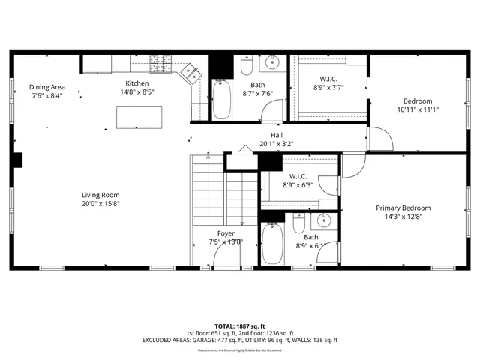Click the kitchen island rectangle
[x=139, y=116]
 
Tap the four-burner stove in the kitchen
[x=159, y=62]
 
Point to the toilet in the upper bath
[x=246, y=67]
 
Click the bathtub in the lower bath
[x=271, y=243]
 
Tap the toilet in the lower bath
[x=298, y=223]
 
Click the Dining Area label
[x=46, y=87]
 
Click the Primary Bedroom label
[x=403, y=208]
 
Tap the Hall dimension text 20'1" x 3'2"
[x=277, y=143]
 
